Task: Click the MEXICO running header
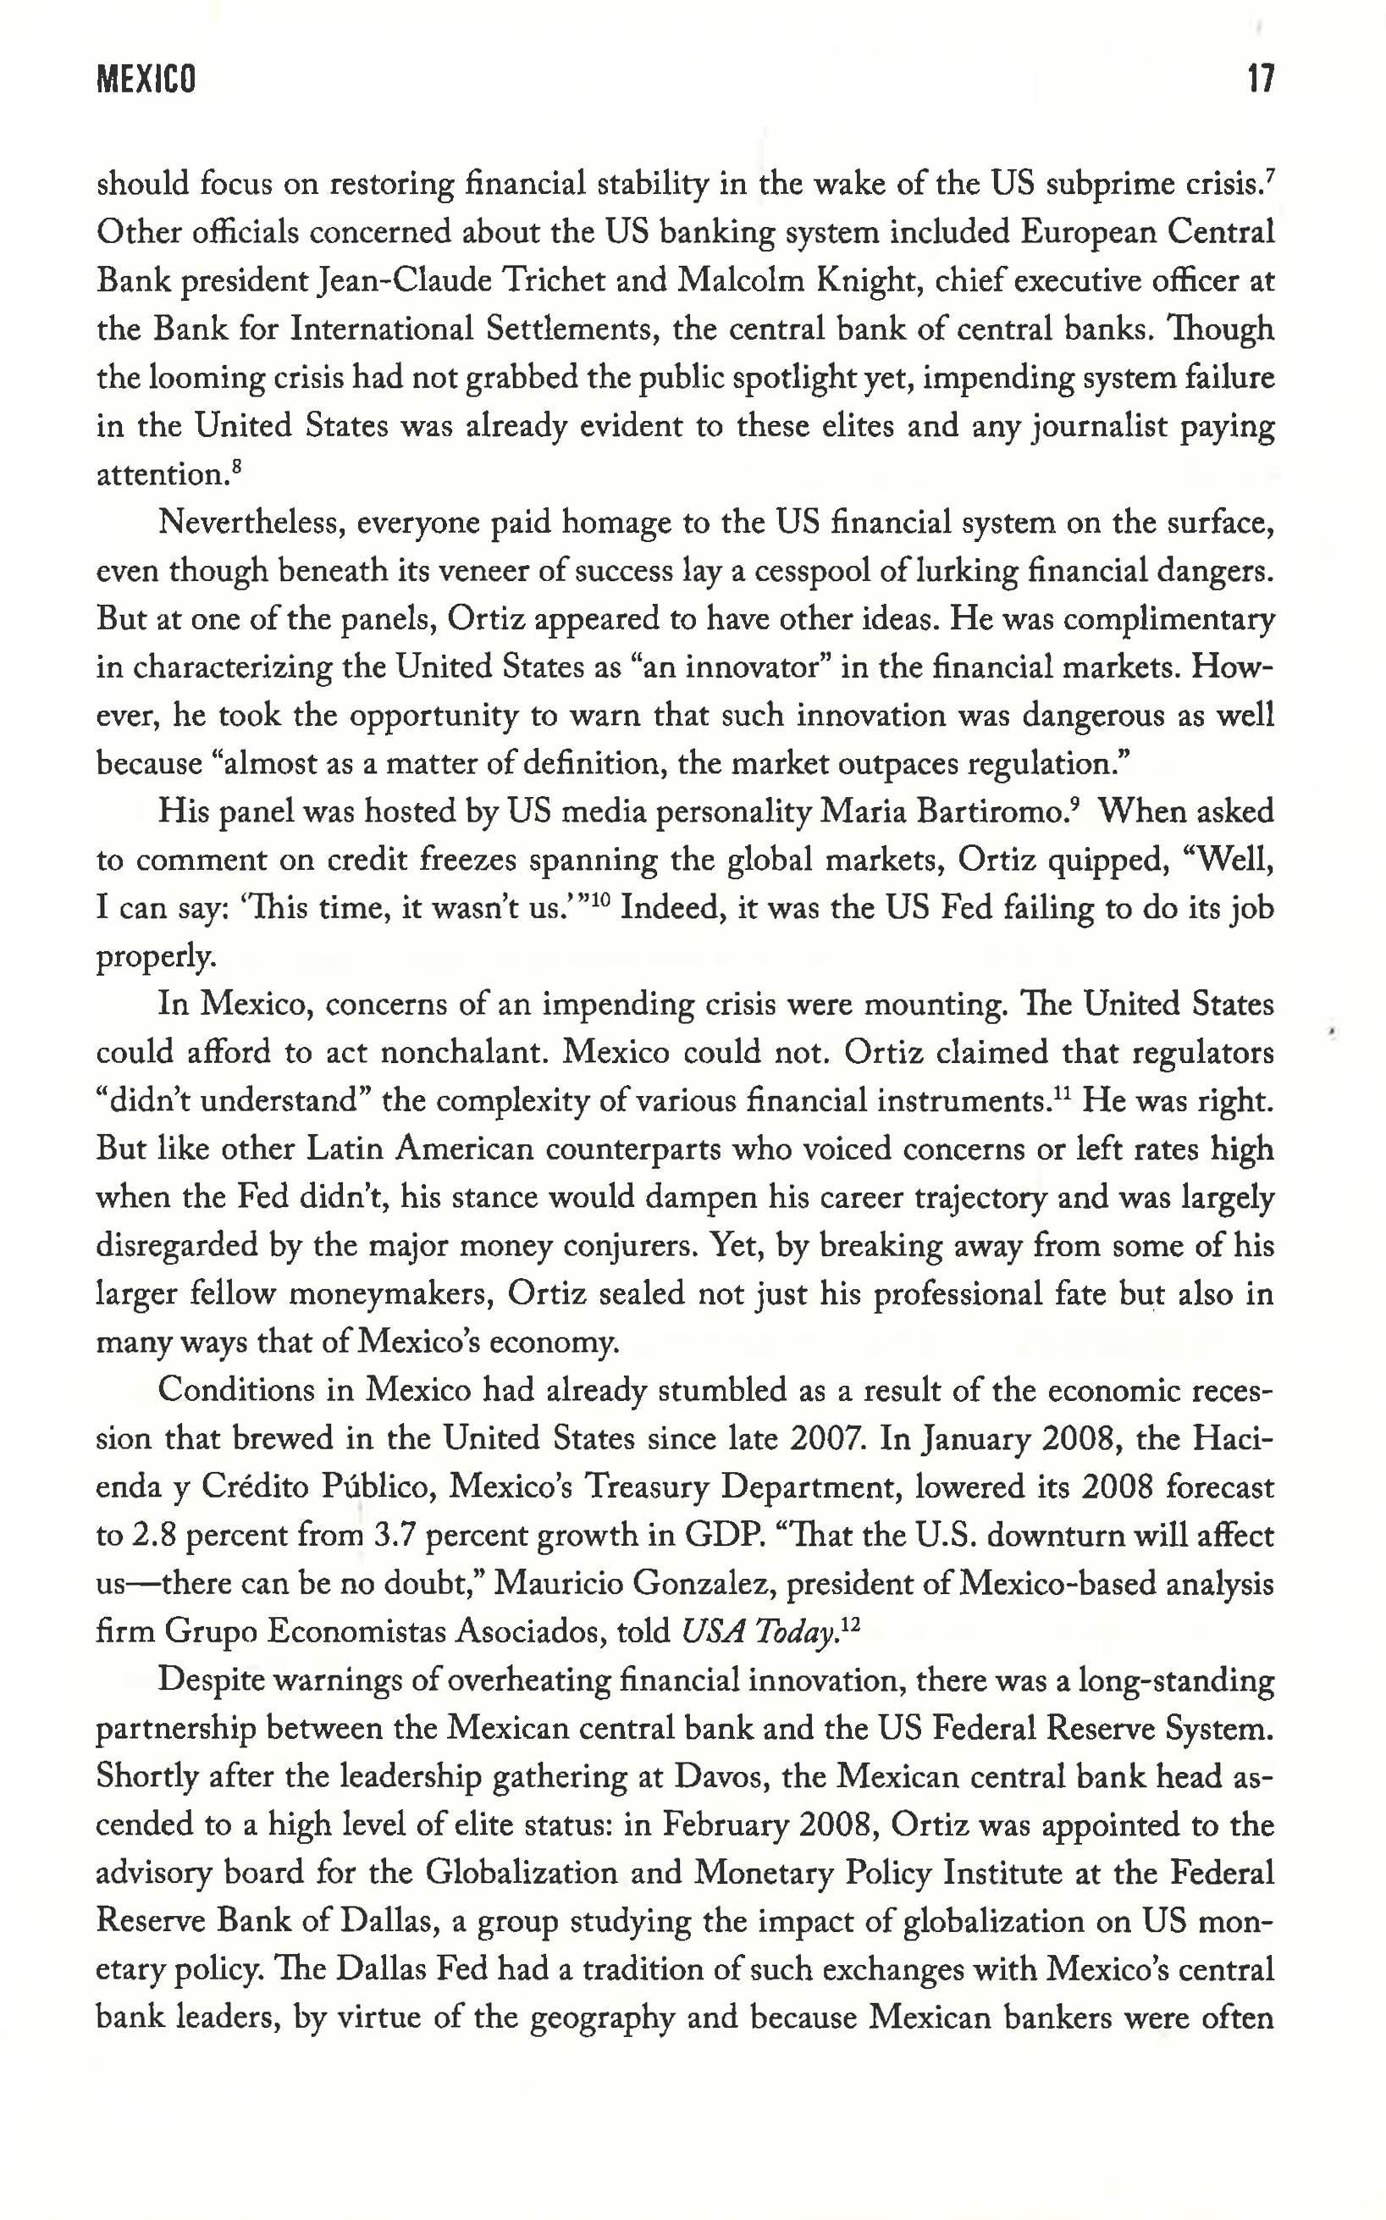tap(146, 80)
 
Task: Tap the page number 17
tap(1261, 80)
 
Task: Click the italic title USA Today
tap(760, 1632)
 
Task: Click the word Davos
tap(721, 1777)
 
